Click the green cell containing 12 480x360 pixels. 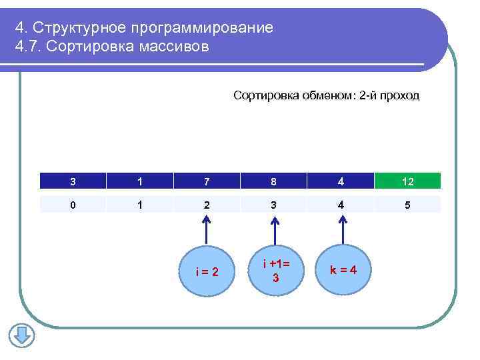tap(407, 181)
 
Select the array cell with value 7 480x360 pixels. tap(207, 181)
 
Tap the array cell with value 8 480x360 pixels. tap(273, 181)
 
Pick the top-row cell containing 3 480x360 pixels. tap(72, 181)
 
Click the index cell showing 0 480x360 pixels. tap(72, 205)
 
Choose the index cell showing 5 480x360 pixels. tap(407, 205)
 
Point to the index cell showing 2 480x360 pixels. tap(207, 205)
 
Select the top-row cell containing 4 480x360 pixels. tap(341, 181)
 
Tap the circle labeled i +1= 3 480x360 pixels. tap(274, 269)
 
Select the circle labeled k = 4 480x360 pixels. tap(343, 269)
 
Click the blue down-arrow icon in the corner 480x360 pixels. tap(21, 335)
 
